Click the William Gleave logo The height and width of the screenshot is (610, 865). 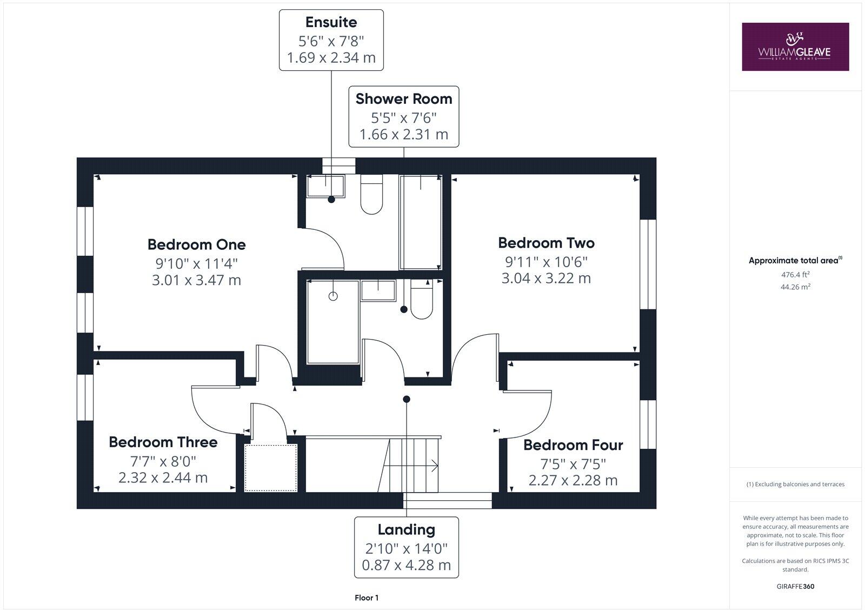tap(795, 47)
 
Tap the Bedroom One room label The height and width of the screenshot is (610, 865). tap(196, 244)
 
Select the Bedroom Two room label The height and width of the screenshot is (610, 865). tap(546, 243)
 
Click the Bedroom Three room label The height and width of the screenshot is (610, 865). tap(163, 442)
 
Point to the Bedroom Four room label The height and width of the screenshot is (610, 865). tap(573, 445)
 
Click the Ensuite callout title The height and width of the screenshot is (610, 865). tap(331, 22)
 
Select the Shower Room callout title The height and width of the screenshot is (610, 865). tap(403, 99)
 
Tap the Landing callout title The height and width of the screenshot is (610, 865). tap(406, 529)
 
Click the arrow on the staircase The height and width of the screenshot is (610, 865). tap(434, 465)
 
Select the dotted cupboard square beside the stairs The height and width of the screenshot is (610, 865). tap(271, 467)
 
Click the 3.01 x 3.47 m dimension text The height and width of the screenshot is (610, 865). tap(196, 280)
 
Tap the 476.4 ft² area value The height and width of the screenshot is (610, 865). tap(795, 275)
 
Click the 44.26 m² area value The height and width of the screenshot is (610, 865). tap(795, 287)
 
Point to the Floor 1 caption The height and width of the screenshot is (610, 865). tap(367, 598)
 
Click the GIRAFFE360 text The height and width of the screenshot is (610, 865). tap(795, 586)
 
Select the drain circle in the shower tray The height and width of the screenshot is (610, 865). tap(333, 296)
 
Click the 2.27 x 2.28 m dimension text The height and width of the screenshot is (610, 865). tap(573, 480)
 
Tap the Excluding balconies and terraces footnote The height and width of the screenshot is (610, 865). tap(795, 484)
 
